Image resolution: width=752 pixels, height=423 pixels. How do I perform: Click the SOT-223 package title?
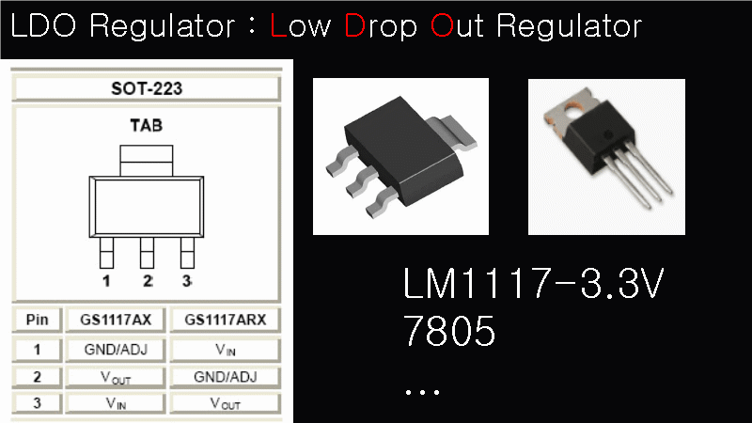[x=147, y=90]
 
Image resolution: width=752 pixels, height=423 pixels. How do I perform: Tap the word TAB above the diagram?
[x=146, y=125]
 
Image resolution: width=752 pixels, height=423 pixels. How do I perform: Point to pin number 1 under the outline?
[x=106, y=281]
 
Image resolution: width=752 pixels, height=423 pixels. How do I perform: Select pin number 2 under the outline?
[x=147, y=281]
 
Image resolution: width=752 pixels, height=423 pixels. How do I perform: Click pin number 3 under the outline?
[x=186, y=281]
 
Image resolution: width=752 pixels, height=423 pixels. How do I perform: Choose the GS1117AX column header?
[x=117, y=320]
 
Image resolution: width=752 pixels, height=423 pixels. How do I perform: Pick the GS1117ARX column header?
[x=226, y=320]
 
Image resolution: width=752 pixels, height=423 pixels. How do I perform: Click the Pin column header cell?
[x=39, y=320]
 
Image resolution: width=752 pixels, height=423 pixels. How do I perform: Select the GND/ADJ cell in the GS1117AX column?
[x=117, y=349]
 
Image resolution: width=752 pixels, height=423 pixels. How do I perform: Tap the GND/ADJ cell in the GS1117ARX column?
[x=226, y=377]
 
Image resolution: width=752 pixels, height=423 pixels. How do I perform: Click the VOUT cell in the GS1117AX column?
[x=117, y=377]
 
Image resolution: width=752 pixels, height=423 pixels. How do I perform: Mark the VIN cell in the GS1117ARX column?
[x=226, y=349]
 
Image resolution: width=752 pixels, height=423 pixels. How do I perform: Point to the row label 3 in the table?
[x=39, y=404]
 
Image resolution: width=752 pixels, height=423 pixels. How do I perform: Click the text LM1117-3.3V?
[x=533, y=286]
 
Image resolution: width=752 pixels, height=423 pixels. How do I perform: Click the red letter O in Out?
[x=442, y=25]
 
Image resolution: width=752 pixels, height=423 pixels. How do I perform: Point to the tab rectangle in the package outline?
[x=146, y=160]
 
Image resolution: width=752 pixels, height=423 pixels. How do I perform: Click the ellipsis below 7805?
[x=422, y=388]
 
